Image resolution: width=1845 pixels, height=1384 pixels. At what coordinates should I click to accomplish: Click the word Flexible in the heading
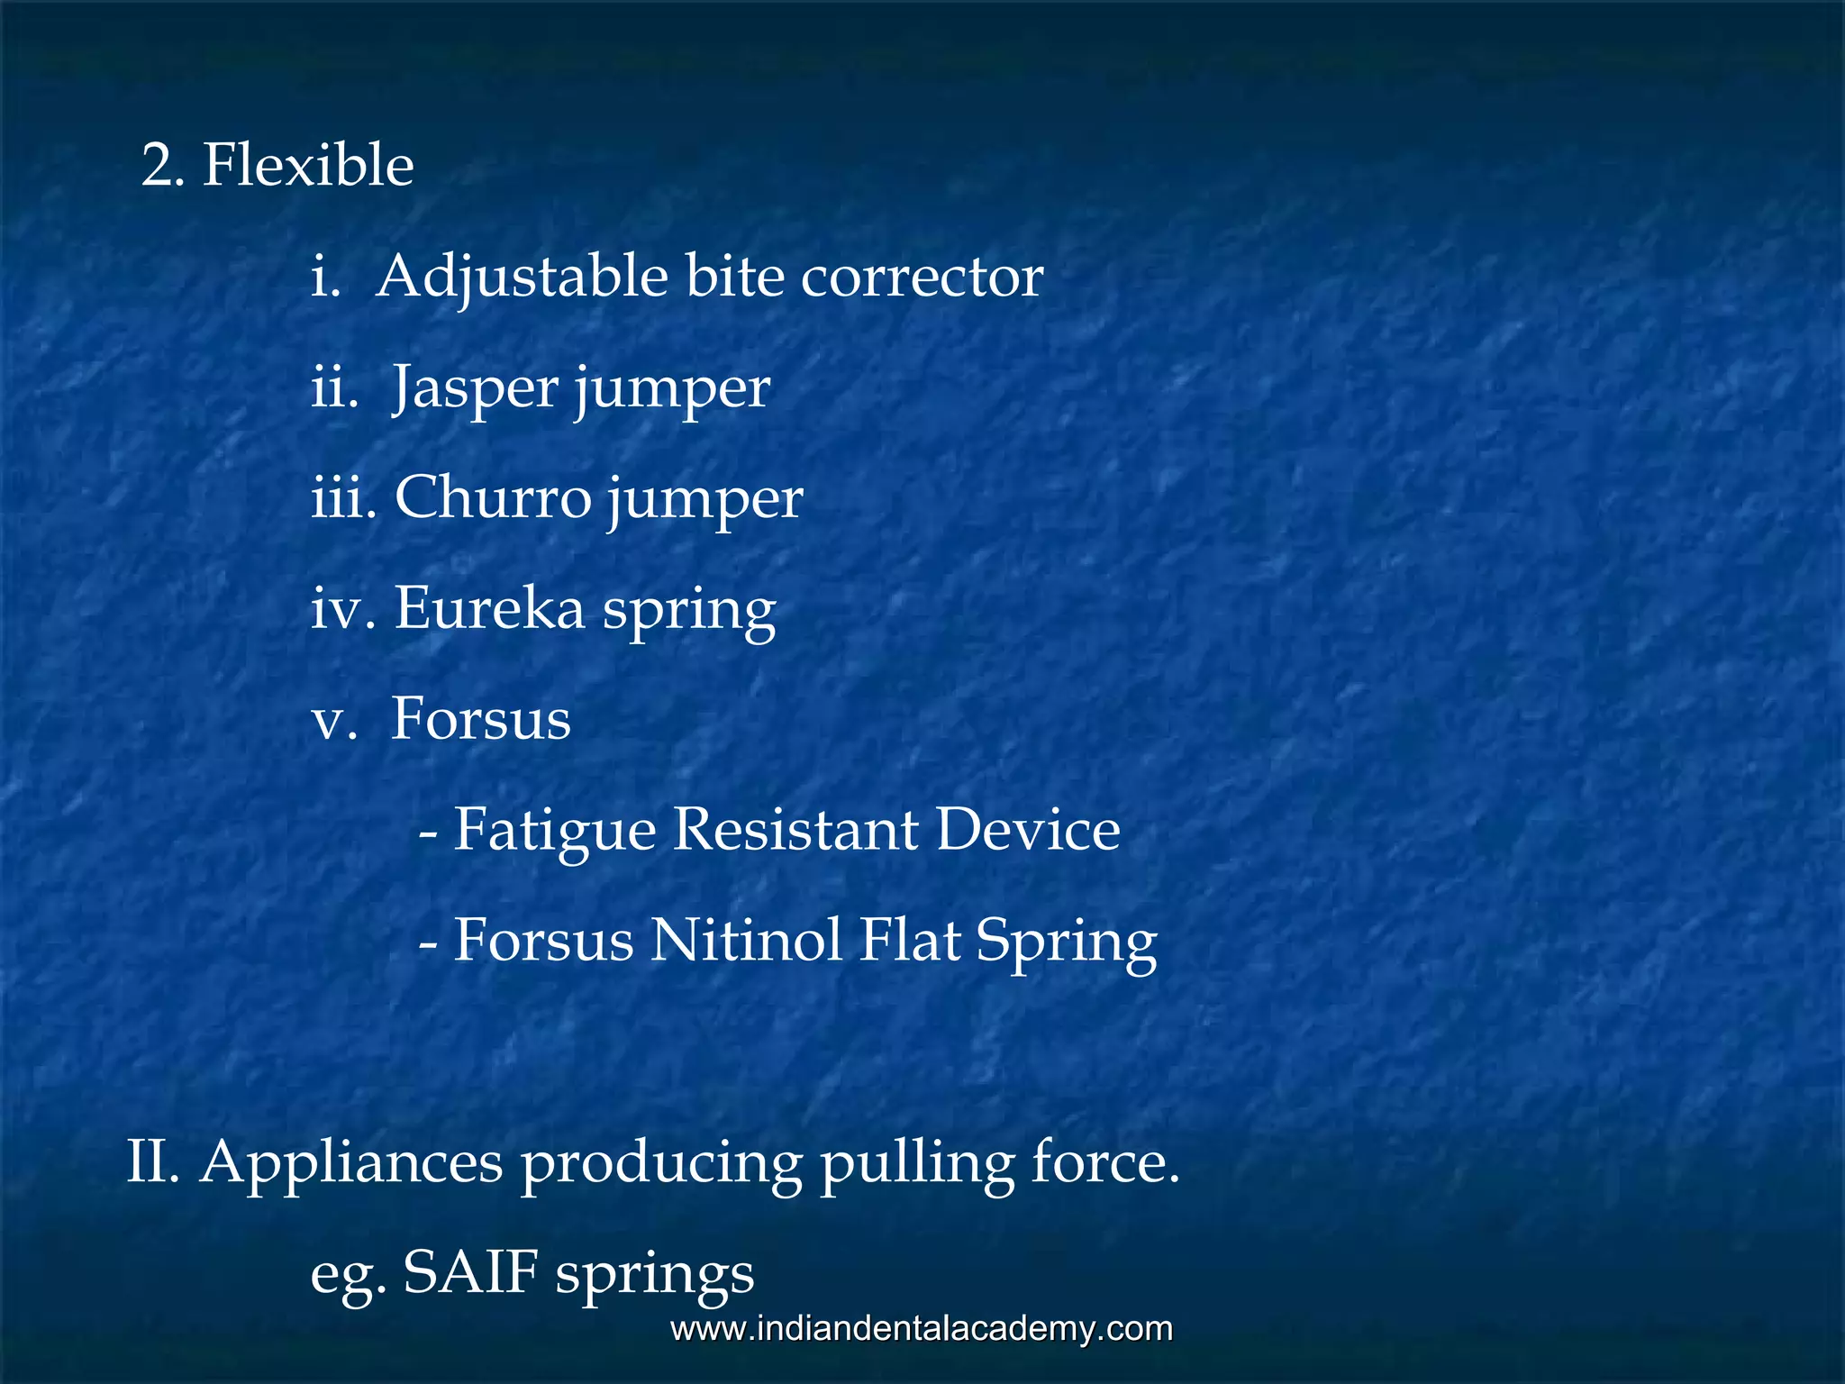coord(308,166)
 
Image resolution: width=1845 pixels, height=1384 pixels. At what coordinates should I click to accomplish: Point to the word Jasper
coord(475,389)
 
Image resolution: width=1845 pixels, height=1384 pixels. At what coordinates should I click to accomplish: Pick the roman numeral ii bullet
coord(333,389)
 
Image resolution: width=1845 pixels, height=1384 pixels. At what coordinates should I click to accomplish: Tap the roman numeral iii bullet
coord(341,499)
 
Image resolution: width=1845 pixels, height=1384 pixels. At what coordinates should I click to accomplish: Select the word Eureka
coord(489,608)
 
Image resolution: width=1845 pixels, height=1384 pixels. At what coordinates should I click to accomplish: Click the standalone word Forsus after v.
coord(480,719)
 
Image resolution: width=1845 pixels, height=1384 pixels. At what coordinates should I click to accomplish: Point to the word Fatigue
coord(554,831)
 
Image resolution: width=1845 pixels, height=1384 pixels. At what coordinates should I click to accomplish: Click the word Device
coord(1028,829)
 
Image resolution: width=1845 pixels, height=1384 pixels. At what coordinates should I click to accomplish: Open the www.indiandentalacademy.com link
coord(922,1329)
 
